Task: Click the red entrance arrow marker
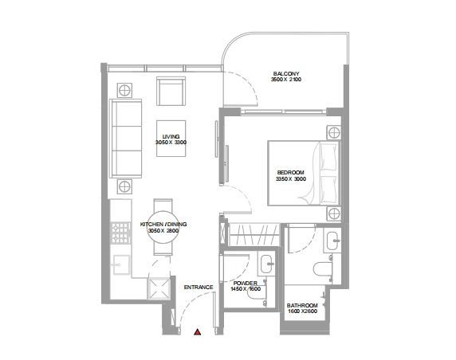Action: pyautogui.click(x=198, y=332)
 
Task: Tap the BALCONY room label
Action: pyautogui.click(x=286, y=74)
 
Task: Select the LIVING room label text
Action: pyautogui.click(x=171, y=136)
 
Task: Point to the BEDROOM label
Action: pyautogui.click(x=290, y=173)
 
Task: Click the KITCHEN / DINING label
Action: pyautogui.click(x=163, y=225)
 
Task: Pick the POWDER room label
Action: pyautogui.click(x=246, y=283)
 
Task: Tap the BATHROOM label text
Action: pyautogui.click(x=302, y=305)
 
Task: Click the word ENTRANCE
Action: pyautogui.click(x=199, y=287)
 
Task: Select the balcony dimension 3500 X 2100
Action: pyautogui.click(x=286, y=80)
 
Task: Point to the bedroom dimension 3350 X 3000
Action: pyautogui.click(x=291, y=178)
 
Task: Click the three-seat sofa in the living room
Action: pyautogui.click(x=126, y=139)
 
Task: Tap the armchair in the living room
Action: pyautogui.click(x=171, y=92)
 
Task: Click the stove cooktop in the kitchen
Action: pyautogui.click(x=121, y=233)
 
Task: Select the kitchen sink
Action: pyautogui.click(x=121, y=264)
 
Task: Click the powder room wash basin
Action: pyautogui.click(x=266, y=264)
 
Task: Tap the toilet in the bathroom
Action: pyautogui.click(x=323, y=268)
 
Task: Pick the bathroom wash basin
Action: pyautogui.click(x=332, y=241)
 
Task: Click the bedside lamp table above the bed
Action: pyautogui.click(x=334, y=133)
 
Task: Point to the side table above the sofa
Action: pyautogui.click(x=124, y=90)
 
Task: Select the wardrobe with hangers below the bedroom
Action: pyautogui.click(x=254, y=235)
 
